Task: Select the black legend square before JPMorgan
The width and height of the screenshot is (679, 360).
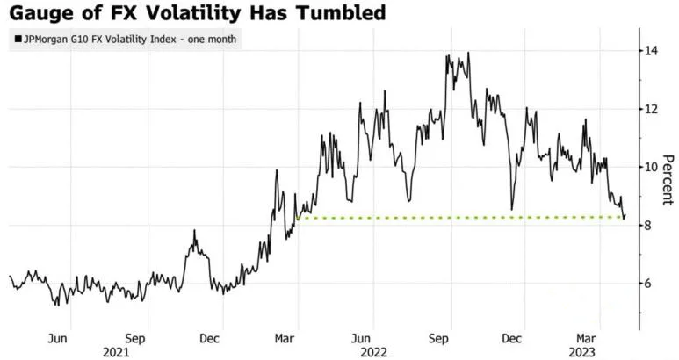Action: point(17,39)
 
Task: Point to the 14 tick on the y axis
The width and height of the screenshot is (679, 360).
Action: point(650,51)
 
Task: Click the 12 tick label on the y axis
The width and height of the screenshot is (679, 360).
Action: point(650,109)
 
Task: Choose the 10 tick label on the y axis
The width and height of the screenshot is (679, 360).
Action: point(650,167)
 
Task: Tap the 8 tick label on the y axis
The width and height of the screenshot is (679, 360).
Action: point(647,226)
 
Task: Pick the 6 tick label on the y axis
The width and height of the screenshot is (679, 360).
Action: point(647,284)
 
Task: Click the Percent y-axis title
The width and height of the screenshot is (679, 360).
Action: point(668,179)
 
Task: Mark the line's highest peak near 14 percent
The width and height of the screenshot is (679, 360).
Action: point(467,53)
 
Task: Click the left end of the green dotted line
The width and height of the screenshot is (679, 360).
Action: point(300,218)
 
